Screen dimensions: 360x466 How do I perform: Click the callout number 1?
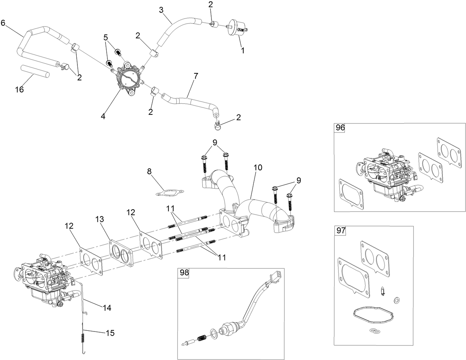[x=243, y=50]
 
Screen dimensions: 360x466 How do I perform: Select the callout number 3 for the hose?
[x=162, y=10]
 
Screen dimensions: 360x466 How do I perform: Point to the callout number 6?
[x=3, y=23]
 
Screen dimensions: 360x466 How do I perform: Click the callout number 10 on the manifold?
[x=258, y=167]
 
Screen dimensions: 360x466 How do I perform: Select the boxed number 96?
[x=340, y=128]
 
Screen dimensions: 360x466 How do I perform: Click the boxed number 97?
[x=341, y=231]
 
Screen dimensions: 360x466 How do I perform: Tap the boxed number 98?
[x=184, y=273]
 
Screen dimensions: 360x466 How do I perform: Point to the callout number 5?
[x=106, y=37]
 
